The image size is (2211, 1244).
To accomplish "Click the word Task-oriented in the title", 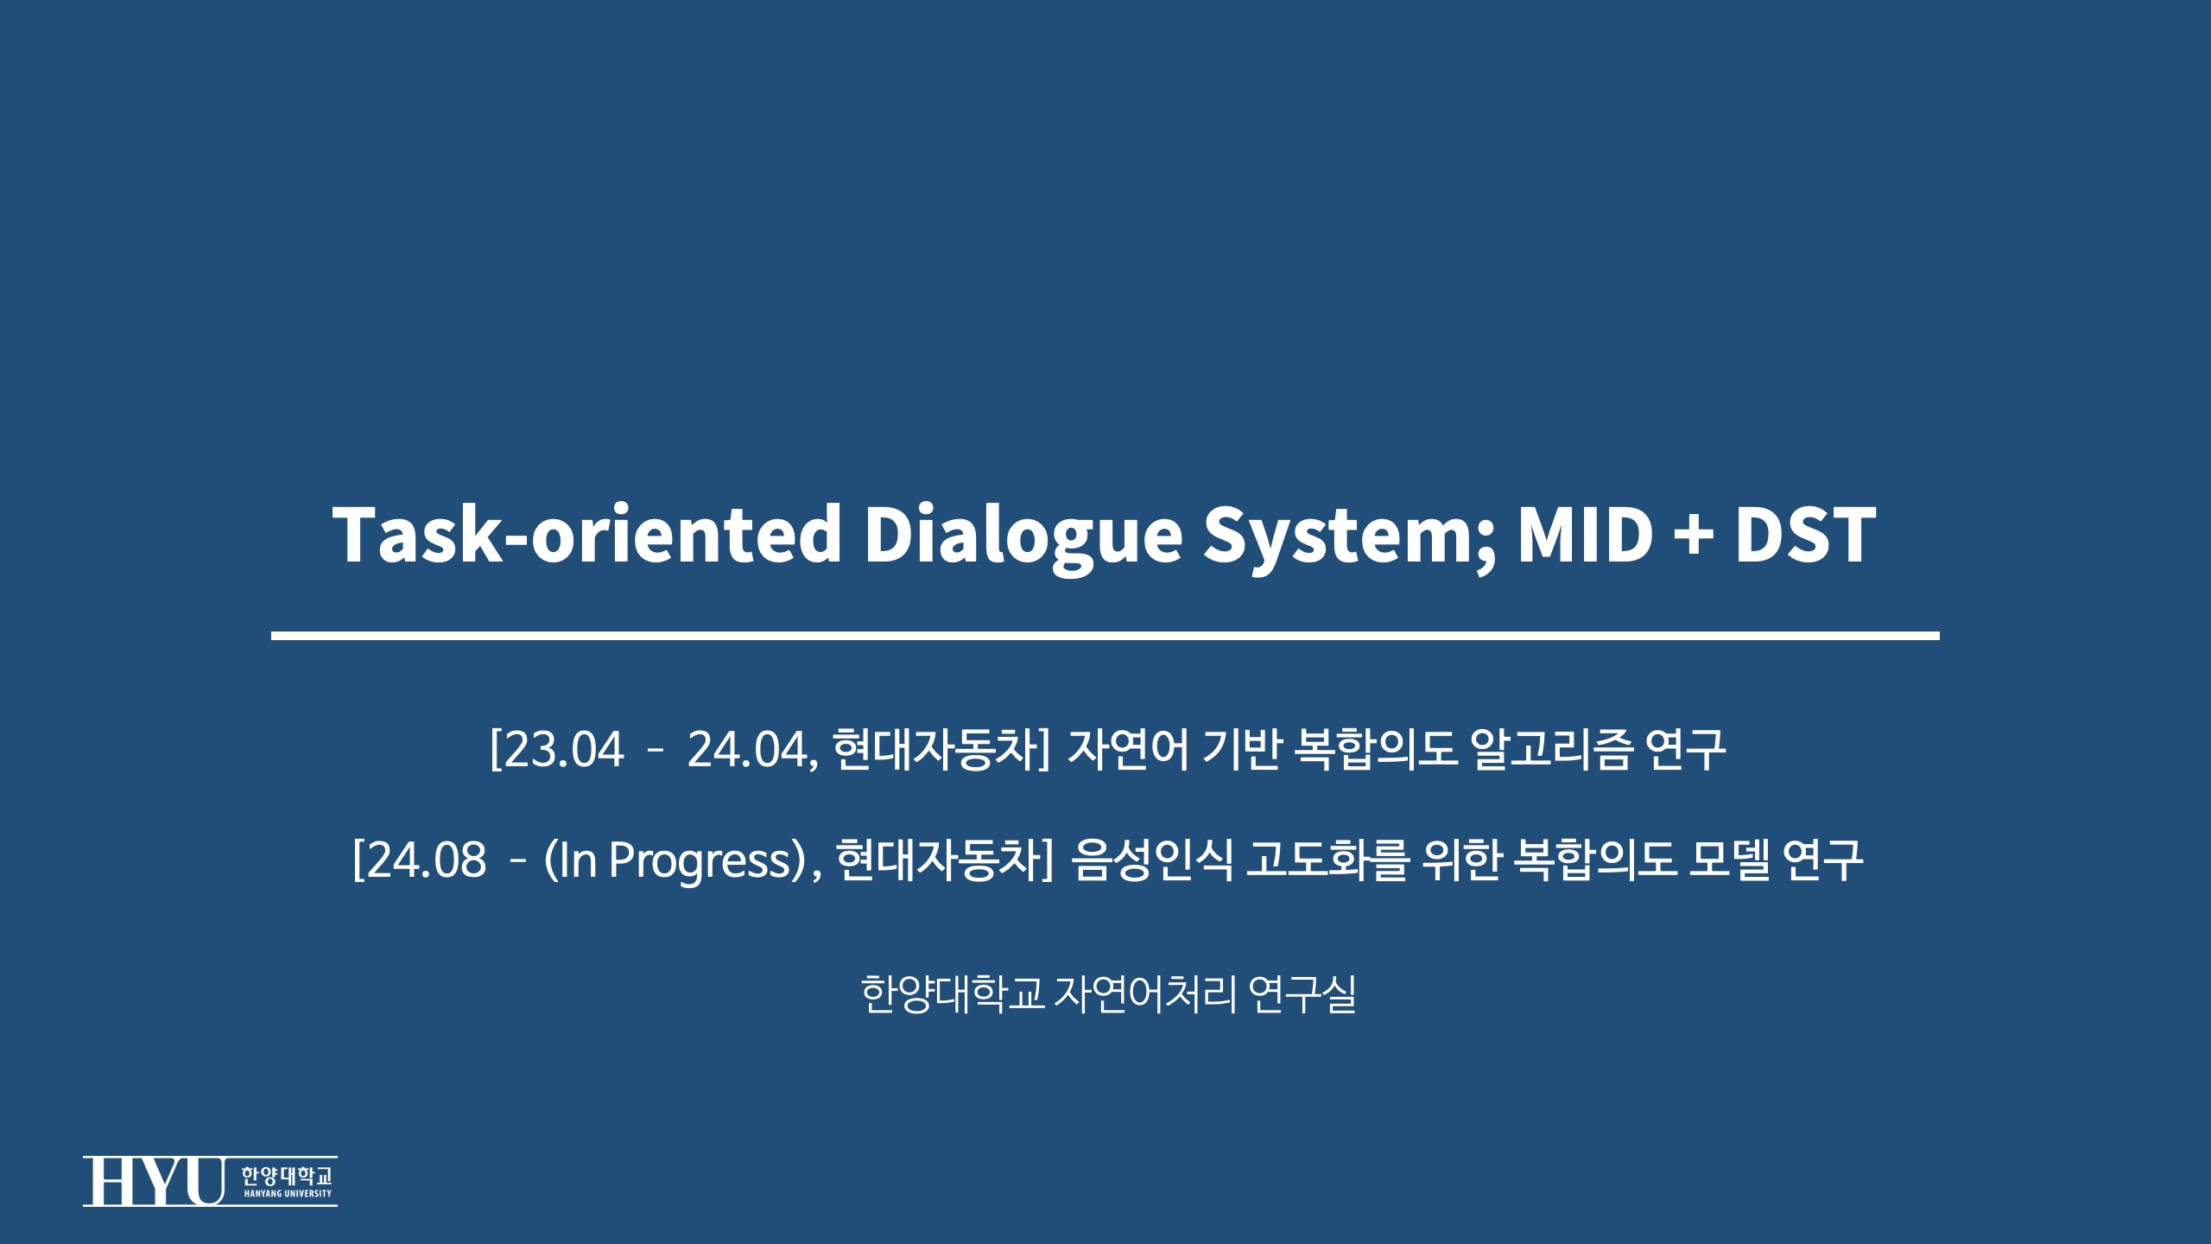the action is (587, 534).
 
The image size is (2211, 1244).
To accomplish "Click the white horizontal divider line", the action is (1105, 636).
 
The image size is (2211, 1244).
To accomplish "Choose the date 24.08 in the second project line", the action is (427, 860).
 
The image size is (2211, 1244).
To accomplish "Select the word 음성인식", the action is (1151, 860).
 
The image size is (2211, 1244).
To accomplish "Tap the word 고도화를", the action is (1327, 860).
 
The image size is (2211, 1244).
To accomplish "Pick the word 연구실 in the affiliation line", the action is (1302, 994).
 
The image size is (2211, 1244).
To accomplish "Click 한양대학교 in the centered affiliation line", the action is (953, 994).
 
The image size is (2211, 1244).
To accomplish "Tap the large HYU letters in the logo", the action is (154, 1181).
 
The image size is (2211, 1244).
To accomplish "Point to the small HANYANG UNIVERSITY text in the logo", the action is (288, 1194).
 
